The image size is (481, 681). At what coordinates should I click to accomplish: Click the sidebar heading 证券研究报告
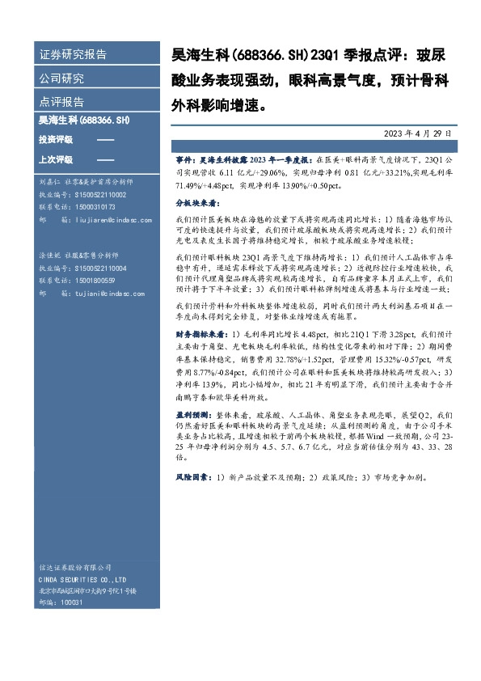click(73, 56)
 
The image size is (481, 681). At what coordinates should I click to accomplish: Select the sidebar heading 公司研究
click(61, 79)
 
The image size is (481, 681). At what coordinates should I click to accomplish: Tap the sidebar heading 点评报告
click(61, 102)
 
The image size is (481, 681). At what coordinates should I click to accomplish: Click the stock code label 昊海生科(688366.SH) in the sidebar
click(84, 121)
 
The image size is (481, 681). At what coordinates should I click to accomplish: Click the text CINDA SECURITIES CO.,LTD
click(83, 580)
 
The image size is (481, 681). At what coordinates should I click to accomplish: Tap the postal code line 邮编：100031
click(61, 603)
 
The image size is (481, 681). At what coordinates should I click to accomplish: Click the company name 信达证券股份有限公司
click(77, 568)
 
